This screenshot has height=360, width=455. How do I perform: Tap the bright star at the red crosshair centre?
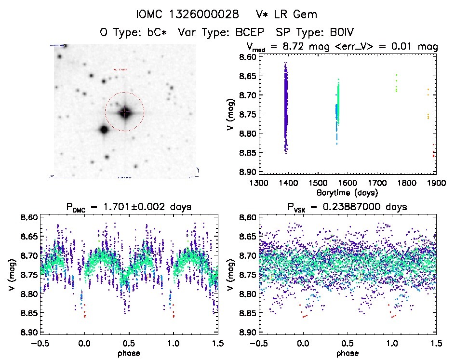pyautogui.click(x=125, y=112)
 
